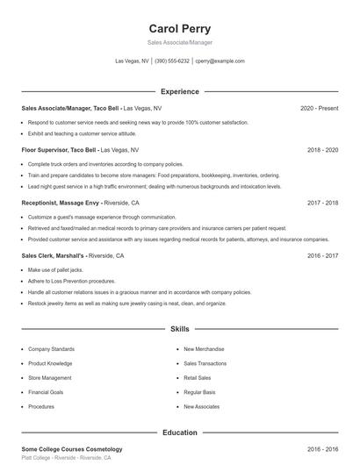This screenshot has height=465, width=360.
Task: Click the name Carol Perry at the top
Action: pos(179,28)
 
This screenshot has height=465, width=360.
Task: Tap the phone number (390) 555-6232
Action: pos(172,61)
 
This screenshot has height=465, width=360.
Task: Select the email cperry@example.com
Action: pos(220,61)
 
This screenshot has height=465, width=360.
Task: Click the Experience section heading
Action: pos(179,91)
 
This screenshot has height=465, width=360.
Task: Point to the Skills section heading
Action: pos(179,329)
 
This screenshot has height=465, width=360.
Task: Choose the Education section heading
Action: pos(179,433)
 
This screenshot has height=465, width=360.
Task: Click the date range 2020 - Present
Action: pos(319,108)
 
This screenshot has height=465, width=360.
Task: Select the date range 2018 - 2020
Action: pos(322,150)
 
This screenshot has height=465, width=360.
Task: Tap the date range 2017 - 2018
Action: pos(322,202)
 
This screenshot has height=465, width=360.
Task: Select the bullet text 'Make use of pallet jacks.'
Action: pos(54,270)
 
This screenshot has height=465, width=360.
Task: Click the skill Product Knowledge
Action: pos(50,363)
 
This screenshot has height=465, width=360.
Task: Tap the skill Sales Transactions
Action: pos(205,363)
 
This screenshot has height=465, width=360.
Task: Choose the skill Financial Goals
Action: pos(46,392)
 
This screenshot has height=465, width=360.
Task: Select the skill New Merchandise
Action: pos(203,348)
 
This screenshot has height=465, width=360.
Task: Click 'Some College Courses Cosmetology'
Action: pos(71,449)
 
